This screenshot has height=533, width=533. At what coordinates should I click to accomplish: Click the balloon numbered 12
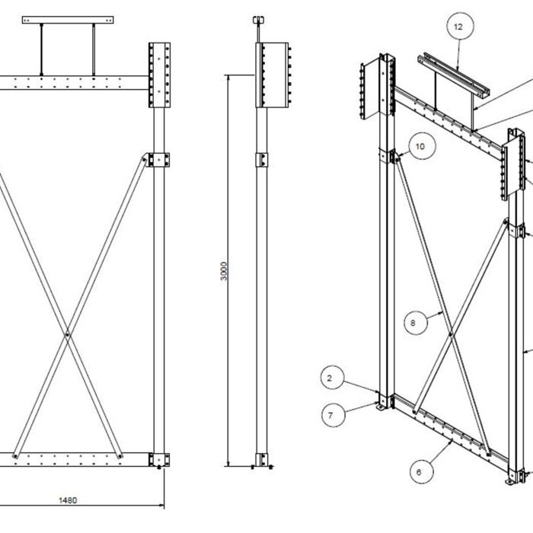(458, 27)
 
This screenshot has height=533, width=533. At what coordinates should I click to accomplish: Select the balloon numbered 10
(421, 144)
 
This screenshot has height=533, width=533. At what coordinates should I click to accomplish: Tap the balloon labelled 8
(413, 323)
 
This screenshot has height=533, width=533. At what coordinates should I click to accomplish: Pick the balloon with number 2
(329, 378)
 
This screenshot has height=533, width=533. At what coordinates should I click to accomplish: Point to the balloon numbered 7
(330, 415)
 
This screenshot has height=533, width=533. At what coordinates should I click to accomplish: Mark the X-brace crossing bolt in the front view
(69, 334)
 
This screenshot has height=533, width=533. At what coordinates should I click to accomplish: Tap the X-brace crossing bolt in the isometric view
(452, 334)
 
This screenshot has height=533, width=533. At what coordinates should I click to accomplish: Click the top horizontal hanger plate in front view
(69, 19)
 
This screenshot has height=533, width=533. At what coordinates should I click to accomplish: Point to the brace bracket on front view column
(159, 159)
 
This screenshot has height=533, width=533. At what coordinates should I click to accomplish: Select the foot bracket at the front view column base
(159, 460)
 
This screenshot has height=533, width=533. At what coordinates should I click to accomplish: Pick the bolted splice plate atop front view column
(159, 75)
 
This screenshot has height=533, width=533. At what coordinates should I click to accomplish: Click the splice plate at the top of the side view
(272, 75)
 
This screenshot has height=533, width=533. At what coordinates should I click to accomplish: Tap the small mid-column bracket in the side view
(261, 161)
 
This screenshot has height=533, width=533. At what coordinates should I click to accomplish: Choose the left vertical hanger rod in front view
(43, 49)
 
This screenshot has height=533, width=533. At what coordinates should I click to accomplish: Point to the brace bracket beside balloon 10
(397, 157)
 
